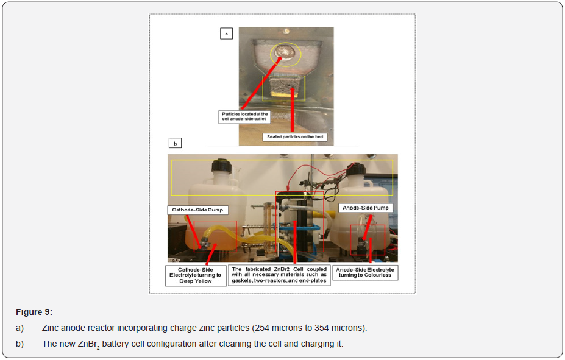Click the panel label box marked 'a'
(226, 34)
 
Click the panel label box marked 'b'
(175, 144)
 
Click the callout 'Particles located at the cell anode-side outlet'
(244, 117)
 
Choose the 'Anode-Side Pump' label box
(365, 208)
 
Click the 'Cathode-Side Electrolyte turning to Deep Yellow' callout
(195, 275)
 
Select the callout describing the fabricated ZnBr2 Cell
(279, 275)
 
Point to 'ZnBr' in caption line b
(86, 344)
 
